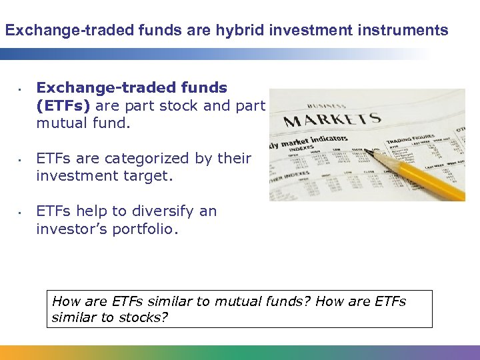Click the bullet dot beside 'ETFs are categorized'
(21, 160)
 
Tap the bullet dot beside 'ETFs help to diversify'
(21, 213)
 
